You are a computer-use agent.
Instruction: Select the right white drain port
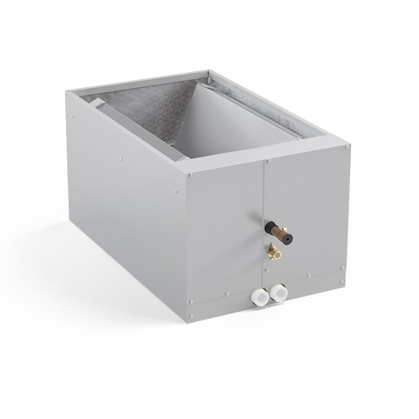click(x=277, y=292)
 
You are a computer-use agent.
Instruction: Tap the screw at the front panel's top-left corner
click(x=191, y=175)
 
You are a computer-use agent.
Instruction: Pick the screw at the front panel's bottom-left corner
click(x=191, y=316)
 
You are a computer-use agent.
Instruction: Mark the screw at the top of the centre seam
click(x=268, y=161)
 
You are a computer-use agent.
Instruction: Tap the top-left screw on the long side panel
click(x=72, y=116)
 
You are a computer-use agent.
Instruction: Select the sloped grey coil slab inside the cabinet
click(x=235, y=122)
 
